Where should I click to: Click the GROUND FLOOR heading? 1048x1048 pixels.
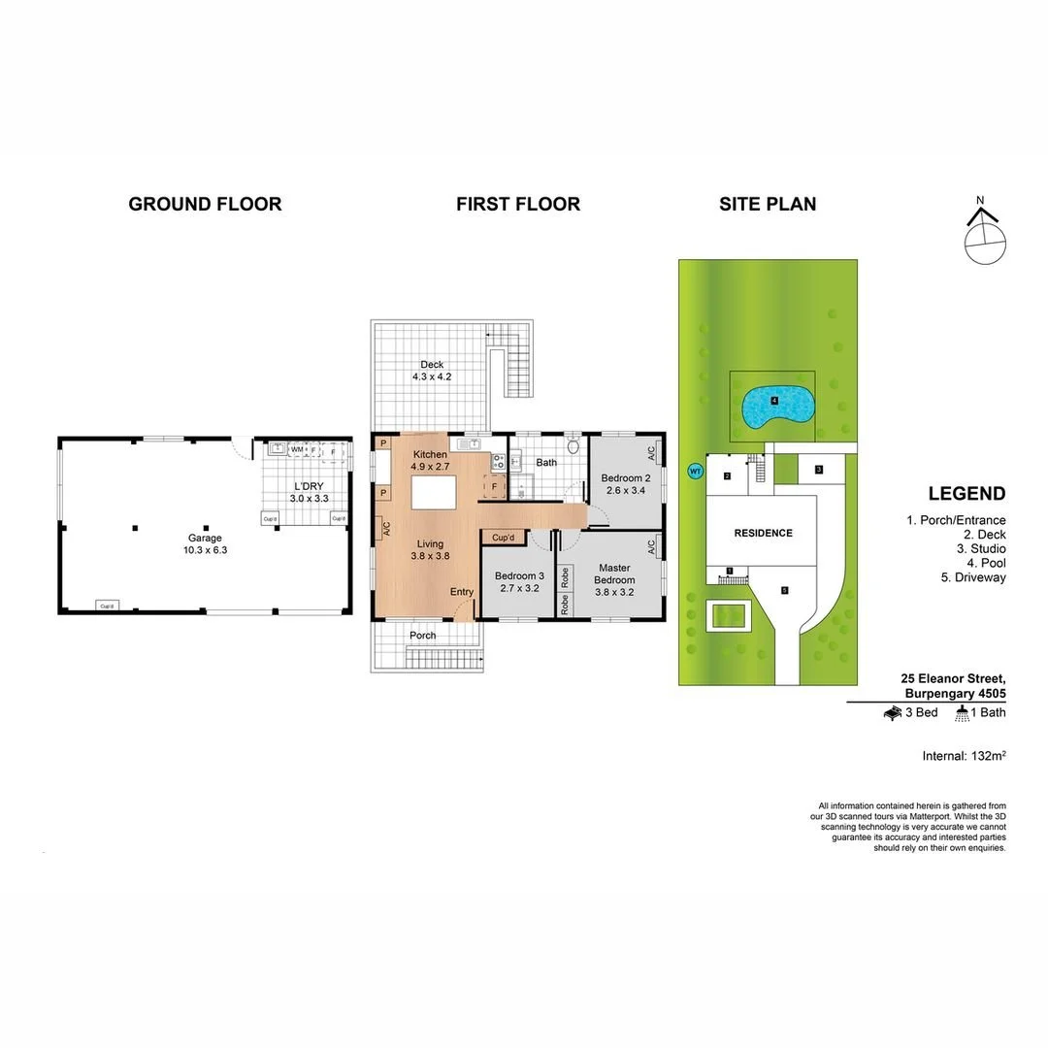(205, 204)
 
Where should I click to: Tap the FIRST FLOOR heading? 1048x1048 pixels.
(518, 204)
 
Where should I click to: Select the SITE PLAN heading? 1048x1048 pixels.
(767, 204)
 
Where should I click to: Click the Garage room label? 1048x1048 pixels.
(205, 543)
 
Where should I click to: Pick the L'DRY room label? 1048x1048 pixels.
(308, 492)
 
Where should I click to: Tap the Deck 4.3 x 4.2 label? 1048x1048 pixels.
(432, 371)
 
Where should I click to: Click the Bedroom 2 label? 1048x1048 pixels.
(625, 484)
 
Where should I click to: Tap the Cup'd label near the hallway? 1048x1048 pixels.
(503, 538)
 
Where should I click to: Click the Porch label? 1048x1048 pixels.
(422, 636)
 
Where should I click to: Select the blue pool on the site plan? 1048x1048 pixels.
(776, 406)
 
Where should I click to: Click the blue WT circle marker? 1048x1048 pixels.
(695, 472)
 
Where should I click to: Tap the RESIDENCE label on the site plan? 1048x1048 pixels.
(763, 533)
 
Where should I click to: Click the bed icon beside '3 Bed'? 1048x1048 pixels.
(893, 713)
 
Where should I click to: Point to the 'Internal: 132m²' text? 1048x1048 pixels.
(963, 755)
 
